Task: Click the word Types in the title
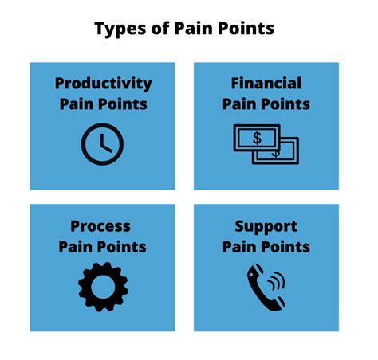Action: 120,29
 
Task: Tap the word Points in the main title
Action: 246,28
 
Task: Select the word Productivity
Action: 104,84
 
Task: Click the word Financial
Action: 266,83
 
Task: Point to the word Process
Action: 100,227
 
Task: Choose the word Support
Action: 266,227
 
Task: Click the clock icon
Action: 102,144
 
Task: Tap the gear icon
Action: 103,287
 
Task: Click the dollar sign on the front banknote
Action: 257,138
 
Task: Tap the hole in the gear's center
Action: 103,287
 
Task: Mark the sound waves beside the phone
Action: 277,281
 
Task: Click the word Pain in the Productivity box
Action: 77,104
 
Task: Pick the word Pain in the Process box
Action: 76,247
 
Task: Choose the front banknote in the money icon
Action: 257,138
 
